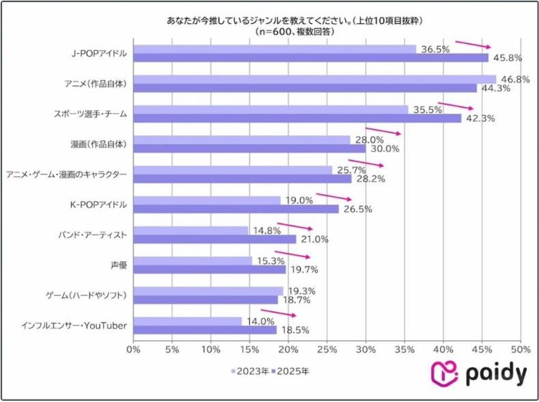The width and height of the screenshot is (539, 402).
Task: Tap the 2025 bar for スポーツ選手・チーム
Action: [x=297, y=118]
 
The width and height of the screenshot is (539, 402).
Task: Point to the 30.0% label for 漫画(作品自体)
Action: [x=386, y=148]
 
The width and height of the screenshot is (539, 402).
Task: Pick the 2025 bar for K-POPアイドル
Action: [x=236, y=209]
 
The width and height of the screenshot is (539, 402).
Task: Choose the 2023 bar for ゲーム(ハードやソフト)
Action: [x=208, y=291]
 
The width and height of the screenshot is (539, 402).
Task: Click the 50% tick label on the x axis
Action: [x=521, y=349]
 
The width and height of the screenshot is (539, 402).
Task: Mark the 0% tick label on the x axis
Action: [x=133, y=349]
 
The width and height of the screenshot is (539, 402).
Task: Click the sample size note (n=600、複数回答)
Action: [x=301, y=31]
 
